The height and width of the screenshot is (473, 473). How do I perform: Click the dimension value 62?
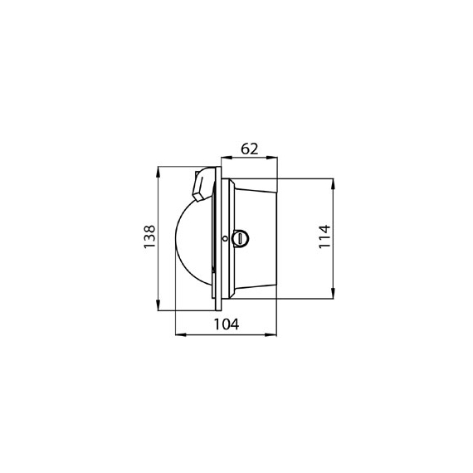[x=250, y=149]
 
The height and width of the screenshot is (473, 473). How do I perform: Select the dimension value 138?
[x=149, y=236]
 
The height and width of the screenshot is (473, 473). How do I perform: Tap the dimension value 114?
[x=324, y=236]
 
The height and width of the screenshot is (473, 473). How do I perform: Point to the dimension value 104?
[x=227, y=324]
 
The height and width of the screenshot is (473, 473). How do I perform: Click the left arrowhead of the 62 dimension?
[x=227, y=158]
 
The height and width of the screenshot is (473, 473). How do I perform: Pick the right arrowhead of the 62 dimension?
[x=271, y=158]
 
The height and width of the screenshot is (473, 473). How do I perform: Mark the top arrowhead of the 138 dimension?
[x=158, y=173]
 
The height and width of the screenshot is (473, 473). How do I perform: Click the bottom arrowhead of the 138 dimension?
[x=158, y=305]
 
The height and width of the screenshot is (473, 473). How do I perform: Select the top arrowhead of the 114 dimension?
[x=333, y=184]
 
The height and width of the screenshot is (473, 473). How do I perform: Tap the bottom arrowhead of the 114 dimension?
[x=333, y=293]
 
